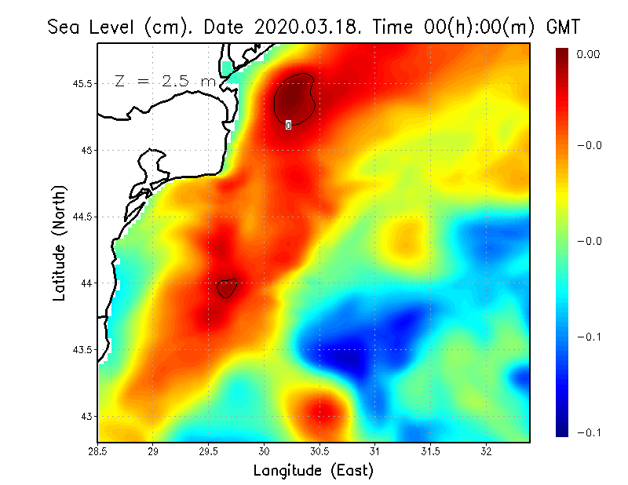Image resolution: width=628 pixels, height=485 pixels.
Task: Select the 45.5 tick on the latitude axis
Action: (x=79, y=83)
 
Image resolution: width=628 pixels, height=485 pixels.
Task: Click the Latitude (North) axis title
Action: (x=59, y=243)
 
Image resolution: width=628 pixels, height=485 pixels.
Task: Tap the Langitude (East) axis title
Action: (x=313, y=471)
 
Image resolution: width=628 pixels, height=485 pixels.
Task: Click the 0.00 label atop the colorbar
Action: (x=589, y=54)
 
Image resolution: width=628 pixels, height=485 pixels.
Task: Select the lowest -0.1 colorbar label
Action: (x=589, y=432)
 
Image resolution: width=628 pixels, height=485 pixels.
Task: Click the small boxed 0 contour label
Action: (x=289, y=124)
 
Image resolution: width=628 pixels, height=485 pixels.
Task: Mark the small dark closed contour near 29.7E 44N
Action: (x=226, y=289)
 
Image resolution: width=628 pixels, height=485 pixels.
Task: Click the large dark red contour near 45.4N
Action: (x=294, y=97)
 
